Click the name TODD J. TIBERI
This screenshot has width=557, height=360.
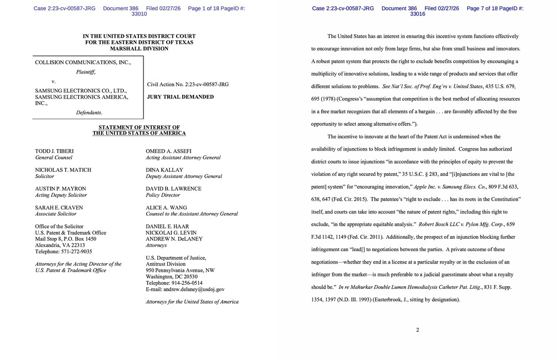54,151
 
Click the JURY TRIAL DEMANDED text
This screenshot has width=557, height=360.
180,96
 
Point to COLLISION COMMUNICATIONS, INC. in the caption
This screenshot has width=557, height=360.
83,62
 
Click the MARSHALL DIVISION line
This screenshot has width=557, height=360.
139,48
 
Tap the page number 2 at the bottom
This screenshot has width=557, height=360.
417,330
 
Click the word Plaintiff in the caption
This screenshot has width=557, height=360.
86,72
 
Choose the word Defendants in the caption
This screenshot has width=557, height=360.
89,112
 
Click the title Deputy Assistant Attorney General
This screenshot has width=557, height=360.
184,176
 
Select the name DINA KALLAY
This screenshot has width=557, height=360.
164,170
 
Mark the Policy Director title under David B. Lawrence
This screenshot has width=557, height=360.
163,195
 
